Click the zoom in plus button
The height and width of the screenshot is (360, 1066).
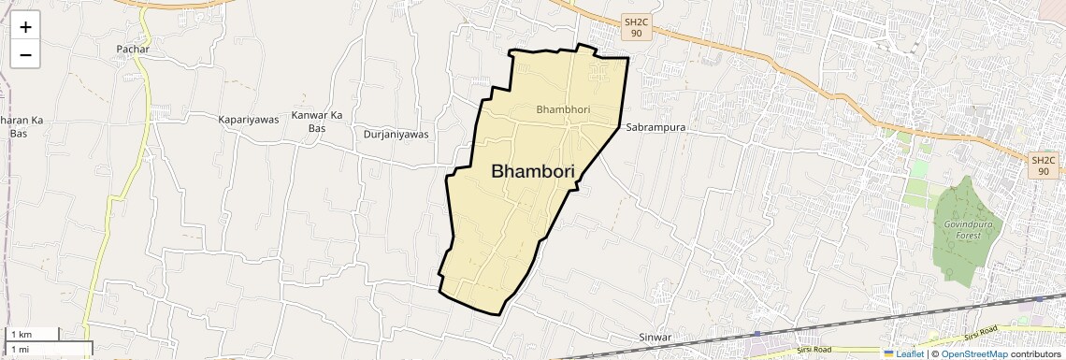pos(25,27)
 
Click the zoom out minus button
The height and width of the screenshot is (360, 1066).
pos(25,54)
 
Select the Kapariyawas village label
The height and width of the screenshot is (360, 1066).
pos(249,120)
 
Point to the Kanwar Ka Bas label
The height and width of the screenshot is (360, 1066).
pos(317,122)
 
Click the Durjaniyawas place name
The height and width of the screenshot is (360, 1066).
pos(396,134)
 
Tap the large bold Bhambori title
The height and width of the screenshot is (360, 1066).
pos(532,171)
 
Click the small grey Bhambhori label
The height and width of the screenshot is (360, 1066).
pos(563,109)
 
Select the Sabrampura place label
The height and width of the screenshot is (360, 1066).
pos(655,126)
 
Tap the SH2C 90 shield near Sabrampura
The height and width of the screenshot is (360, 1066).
pos(636,27)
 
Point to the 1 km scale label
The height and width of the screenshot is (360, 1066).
pos(21,335)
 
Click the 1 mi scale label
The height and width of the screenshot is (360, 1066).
pos(20,349)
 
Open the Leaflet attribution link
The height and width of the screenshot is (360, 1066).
pos(904,353)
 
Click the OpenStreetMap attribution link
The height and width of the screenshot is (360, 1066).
pos(973,353)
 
